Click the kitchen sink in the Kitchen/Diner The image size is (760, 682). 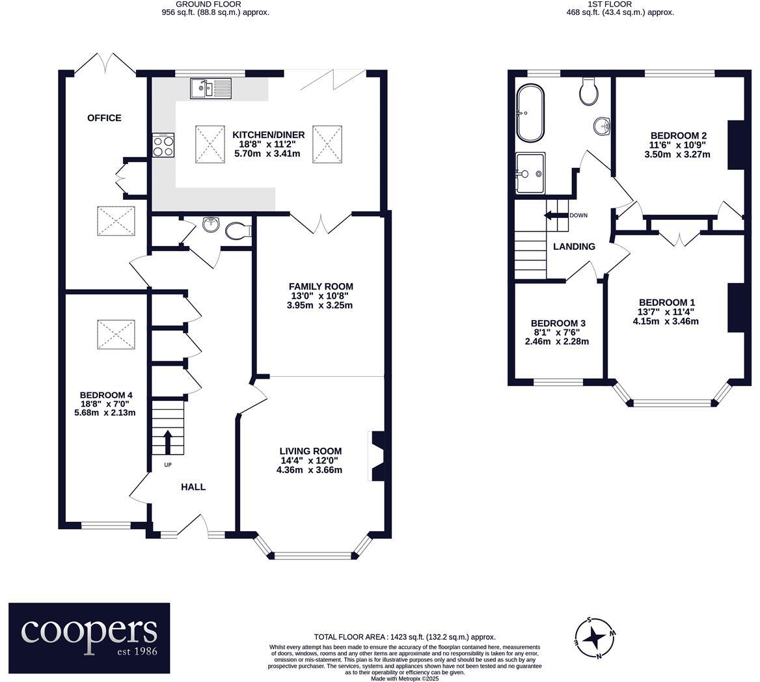[210, 88]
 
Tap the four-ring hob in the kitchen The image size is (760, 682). [163, 144]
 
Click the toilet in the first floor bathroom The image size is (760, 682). [589, 92]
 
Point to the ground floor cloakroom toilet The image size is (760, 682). [238, 230]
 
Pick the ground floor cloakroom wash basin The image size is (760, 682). [211, 225]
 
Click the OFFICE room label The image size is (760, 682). [104, 118]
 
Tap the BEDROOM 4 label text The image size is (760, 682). [107, 395]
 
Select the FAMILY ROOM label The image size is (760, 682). [321, 286]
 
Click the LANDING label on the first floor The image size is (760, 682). [574, 247]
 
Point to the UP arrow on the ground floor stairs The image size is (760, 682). [167, 442]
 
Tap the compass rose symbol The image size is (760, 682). [595, 637]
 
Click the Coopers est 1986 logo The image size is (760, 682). [89, 638]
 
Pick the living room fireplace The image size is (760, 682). [376, 456]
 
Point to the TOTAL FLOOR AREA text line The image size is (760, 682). [405, 637]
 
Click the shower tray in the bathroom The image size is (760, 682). [530, 173]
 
